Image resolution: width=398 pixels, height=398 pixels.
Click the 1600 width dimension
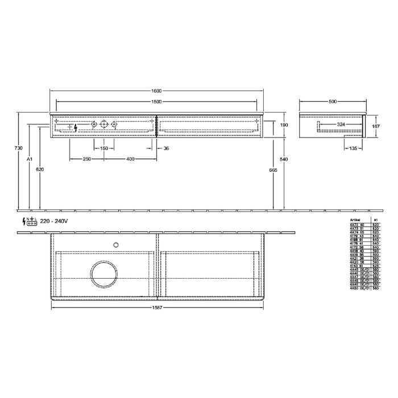tap(156, 91)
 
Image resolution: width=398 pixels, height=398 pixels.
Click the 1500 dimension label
tap(156, 102)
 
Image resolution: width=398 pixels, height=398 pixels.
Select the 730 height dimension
tap(19, 148)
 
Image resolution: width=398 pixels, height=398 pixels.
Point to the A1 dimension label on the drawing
tap(30, 160)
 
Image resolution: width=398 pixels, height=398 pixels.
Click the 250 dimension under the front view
tap(87, 159)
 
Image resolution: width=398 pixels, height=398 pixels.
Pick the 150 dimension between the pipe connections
tap(104, 148)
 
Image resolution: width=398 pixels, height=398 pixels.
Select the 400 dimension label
tap(130, 159)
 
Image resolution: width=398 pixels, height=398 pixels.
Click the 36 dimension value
tap(166, 148)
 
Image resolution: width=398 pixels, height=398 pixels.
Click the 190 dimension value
tap(285, 125)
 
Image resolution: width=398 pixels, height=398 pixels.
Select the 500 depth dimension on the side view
tap(333, 102)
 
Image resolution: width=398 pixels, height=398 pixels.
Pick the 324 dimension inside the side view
tap(340, 123)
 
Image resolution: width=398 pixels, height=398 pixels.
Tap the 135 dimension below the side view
tap(353, 148)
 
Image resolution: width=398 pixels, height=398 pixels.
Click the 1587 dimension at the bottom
tap(157, 308)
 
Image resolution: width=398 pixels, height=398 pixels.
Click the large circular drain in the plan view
tap(104, 275)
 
